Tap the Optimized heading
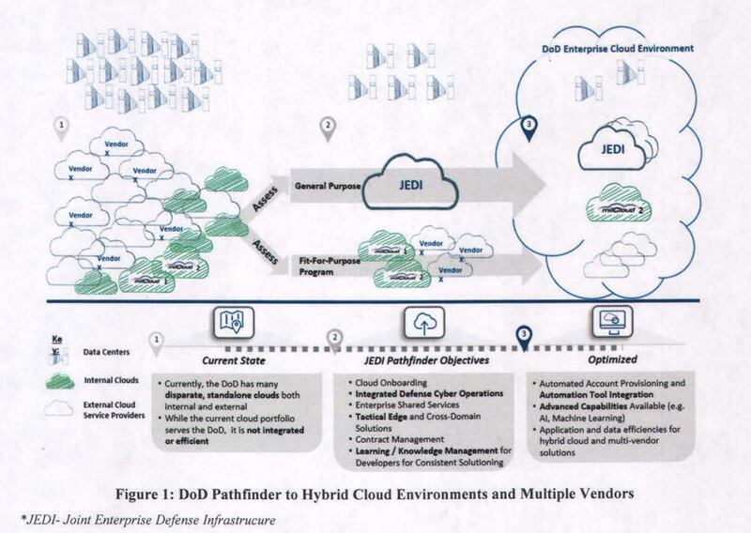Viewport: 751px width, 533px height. tap(614, 359)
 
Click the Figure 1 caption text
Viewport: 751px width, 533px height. tap(375, 493)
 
